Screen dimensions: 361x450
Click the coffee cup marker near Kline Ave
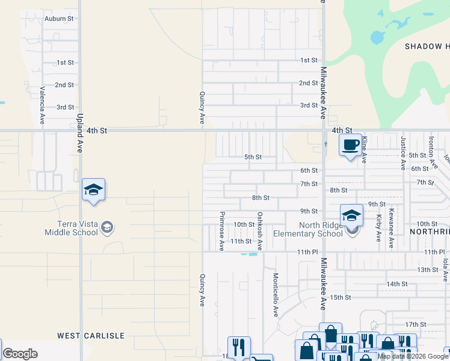(x=350, y=145)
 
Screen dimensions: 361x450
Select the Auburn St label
(x=59, y=19)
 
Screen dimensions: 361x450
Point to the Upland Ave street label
(x=79, y=134)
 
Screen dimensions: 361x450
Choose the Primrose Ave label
(x=222, y=230)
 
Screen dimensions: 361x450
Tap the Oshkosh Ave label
(x=260, y=230)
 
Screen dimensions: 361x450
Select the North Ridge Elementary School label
(x=307, y=229)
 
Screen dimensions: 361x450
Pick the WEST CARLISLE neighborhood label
(x=90, y=335)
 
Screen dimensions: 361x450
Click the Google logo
(x=19, y=354)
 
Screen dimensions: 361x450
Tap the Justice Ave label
(x=403, y=153)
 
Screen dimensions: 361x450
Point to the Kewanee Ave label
(x=391, y=228)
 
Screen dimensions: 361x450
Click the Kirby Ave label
(x=379, y=228)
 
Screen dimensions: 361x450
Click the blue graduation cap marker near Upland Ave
(x=93, y=190)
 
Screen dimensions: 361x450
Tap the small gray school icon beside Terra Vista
(x=107, y=227)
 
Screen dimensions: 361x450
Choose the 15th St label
(x=340, y=297)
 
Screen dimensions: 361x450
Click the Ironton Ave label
(x=431, y=150)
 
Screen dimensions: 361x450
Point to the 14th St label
(x=397, y=283)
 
